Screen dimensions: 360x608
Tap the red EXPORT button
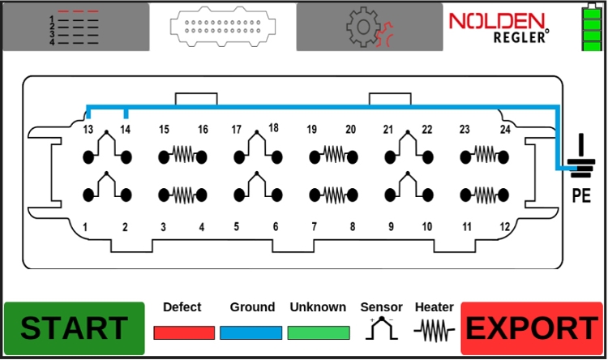[x=532, y=328]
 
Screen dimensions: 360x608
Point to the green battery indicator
[x=592, y=28]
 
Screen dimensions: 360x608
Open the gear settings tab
[x=370, y=27]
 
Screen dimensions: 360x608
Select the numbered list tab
[x=75, y=27]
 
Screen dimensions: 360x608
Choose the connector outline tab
[x=222, y=27]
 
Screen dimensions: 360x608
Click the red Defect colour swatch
[x=184, y=332]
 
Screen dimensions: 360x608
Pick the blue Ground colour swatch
[x=251, y=332]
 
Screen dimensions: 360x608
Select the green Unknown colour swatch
[x=318, y=332]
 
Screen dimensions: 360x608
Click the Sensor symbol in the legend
[x=381, y=328]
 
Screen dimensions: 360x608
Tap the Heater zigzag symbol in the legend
[x=434, y=329]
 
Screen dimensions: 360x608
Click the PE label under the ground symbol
[x=580, y=195]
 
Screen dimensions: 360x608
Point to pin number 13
[x=88, y=129]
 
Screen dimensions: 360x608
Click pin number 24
[x=504, y=129]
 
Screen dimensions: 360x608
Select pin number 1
[x=85, y=228]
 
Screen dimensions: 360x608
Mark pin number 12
[x=504, y=228]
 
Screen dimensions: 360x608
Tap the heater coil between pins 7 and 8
[x=333, y=194]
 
